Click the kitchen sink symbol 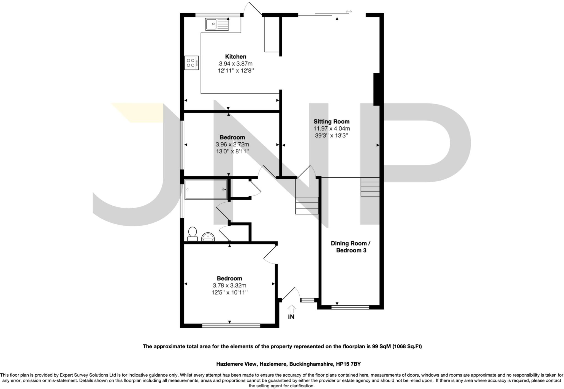point(217,24)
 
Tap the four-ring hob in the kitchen point(191,63)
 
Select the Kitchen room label point(235,57)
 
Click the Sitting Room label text point(331,121)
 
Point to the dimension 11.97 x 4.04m point(332,129)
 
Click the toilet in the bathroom point(192,234)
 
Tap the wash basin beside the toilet point(208,237)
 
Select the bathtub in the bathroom point(206,189)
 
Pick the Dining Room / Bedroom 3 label point(351,247)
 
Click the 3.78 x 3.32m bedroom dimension point(229,285)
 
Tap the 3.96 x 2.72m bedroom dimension point(232,144)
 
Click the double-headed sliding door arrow point(349,12)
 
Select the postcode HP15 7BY point(348,364)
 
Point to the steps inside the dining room point(370,187)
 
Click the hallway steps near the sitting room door point(307,205)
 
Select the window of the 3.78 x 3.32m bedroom point(231,326)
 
